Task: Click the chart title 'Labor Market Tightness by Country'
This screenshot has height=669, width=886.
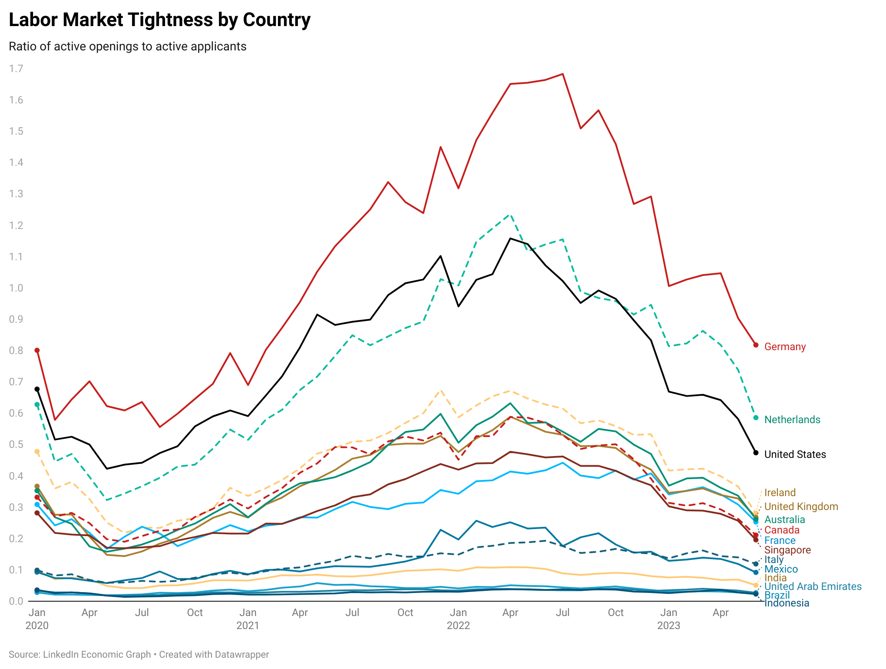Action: (160, 20)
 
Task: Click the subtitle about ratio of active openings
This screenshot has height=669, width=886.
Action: (128, 46)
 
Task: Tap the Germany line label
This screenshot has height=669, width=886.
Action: (785, 347)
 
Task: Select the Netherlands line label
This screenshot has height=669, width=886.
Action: (792, 420)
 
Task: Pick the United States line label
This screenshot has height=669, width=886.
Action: (795, 454)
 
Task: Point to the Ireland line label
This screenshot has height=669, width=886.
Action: (780, 493)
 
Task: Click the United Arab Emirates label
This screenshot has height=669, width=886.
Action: (813, 586)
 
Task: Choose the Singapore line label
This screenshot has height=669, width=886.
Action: (787, 550)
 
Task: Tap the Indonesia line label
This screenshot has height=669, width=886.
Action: (787, 603)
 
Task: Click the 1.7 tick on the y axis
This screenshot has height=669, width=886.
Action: (16, 69)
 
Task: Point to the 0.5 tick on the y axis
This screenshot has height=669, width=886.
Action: (16, 444)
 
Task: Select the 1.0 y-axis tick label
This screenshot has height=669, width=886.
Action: (16, 288)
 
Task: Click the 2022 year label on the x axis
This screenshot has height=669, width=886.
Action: (458, 626)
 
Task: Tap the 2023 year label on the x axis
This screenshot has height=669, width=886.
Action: (668, 626)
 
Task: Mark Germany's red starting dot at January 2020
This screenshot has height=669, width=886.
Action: (37, 350)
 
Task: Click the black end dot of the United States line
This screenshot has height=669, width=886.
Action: (756, 453)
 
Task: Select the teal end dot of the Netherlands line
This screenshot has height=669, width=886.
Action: (756, 418)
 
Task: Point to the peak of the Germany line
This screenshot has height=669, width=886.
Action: (563, 74)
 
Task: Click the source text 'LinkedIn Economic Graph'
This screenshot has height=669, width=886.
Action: (97, 655)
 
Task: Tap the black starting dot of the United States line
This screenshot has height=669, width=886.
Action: (37, 389)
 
